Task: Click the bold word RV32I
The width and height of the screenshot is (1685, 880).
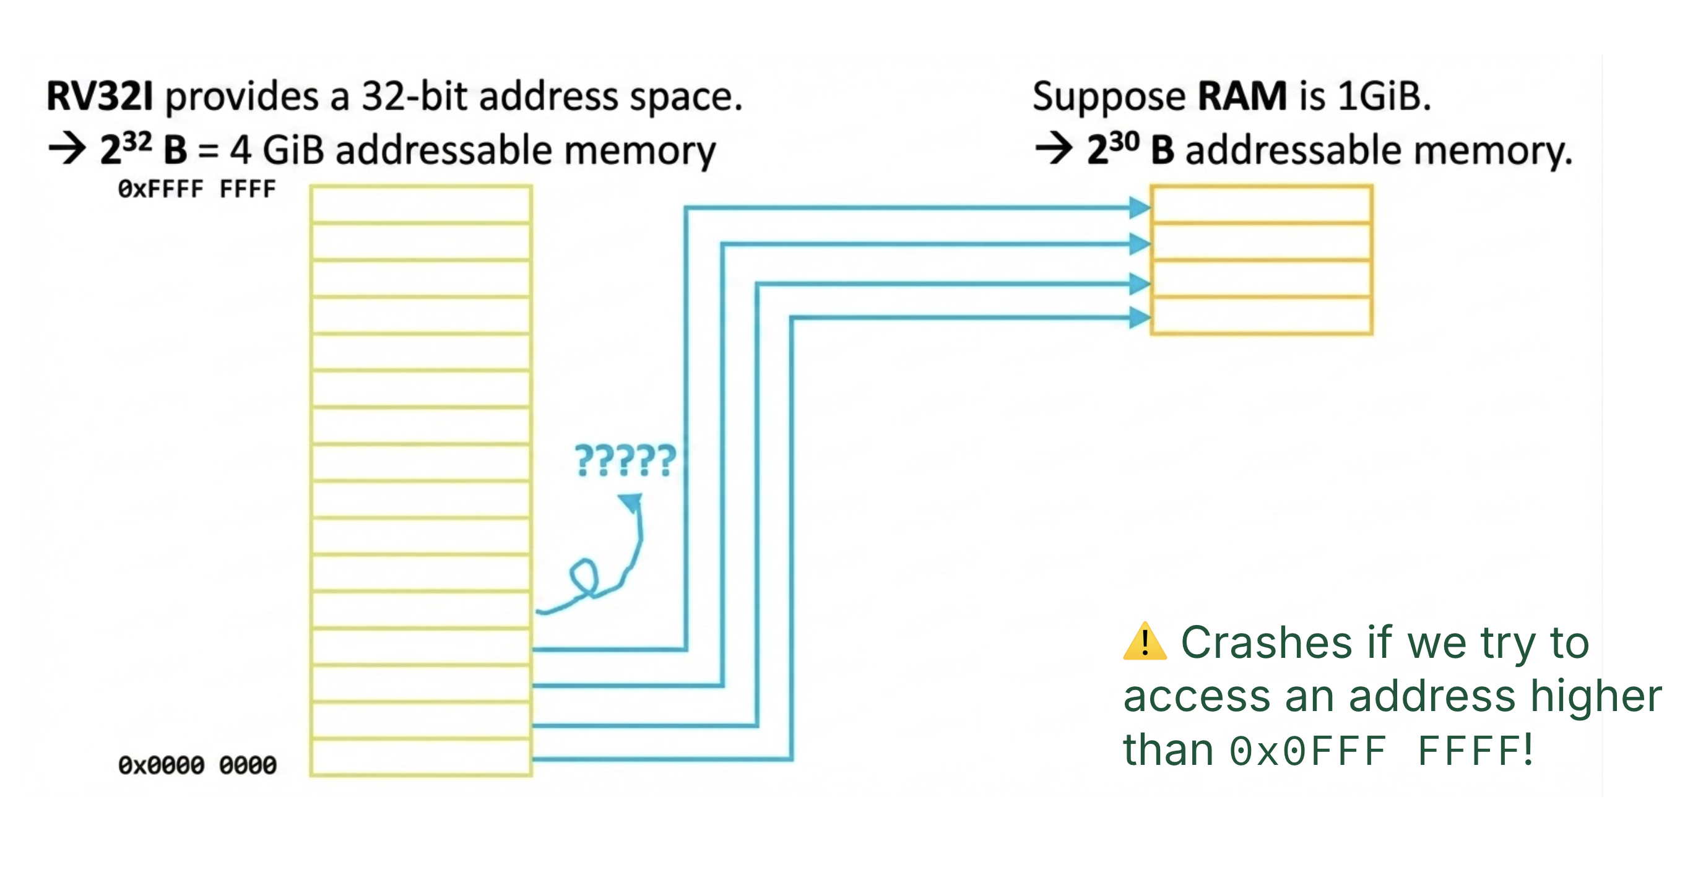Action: (100, 96)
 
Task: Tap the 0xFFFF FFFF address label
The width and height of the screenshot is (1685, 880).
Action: (196, 189)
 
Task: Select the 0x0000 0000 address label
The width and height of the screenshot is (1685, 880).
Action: (196, 765)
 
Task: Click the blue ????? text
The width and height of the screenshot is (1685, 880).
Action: (625, 461)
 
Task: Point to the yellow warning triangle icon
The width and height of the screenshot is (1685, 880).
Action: (1144, 643)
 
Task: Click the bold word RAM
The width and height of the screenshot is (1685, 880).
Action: (1242, 96)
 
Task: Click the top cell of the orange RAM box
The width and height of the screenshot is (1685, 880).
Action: (1260, 205)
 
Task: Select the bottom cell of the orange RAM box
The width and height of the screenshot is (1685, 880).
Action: (1260, 316)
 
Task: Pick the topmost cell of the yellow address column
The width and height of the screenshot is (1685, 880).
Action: (420, 205)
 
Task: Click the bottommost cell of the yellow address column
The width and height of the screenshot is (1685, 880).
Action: (420, 757)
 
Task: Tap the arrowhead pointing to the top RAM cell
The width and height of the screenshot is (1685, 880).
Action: (1140, 208)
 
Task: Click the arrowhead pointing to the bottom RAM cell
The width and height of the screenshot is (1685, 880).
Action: (1140, 317)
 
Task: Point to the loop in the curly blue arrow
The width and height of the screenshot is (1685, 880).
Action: (584, 577)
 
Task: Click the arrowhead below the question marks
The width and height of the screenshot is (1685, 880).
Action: (632, 503)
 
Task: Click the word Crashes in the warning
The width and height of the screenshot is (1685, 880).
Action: (1267, 643)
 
